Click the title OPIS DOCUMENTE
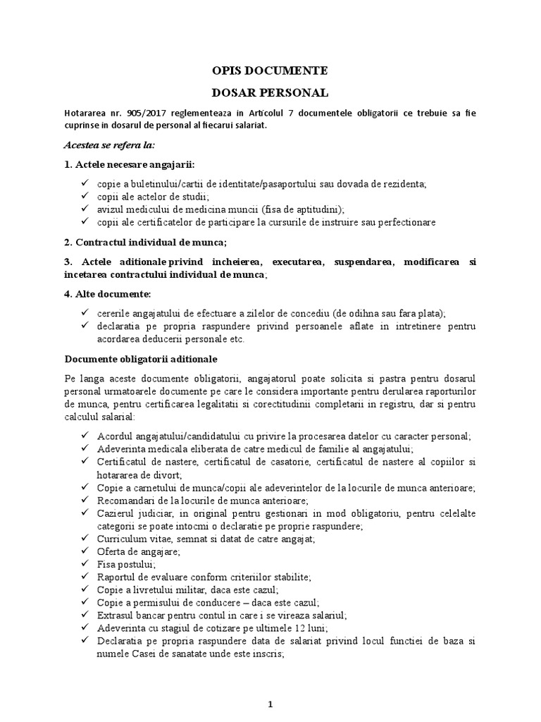(x=270, y=71)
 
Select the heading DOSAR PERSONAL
(x=270, y=92)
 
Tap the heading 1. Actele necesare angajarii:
(x=129, y=164)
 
